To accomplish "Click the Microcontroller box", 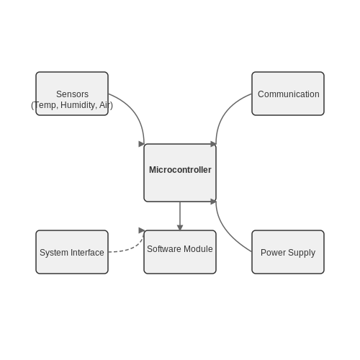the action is coord(180,173).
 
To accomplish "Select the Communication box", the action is coord(288,94).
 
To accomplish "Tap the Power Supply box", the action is coord(288,252).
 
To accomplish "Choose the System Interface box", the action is coord(72,252).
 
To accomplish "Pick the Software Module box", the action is coord(180,252).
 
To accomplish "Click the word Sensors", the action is coord(72,94).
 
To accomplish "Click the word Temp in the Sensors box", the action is coord(46,105).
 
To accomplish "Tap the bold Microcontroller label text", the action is coord(180,170).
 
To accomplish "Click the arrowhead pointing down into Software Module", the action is coord(180,228).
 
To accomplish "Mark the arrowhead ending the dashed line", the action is coord(142,230).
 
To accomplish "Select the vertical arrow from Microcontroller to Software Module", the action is coord(180,216).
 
